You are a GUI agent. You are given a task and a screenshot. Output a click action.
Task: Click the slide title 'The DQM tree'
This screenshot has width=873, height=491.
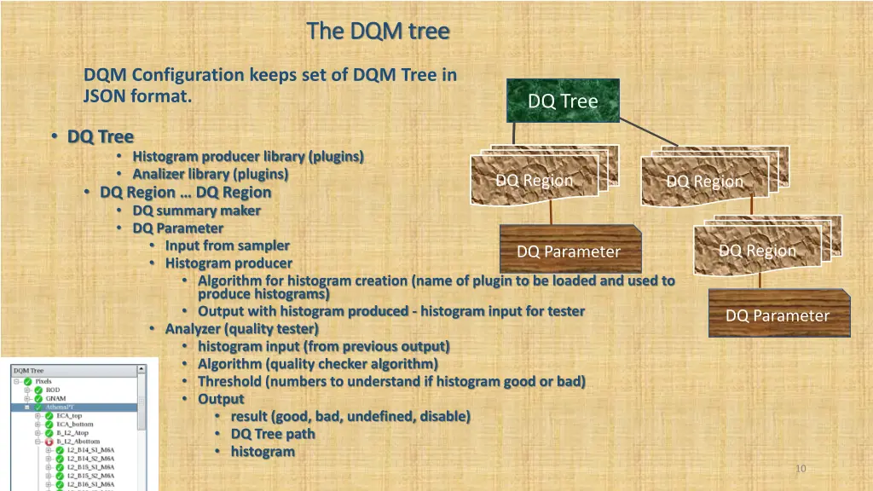pyautogui.click(x=378, y=32)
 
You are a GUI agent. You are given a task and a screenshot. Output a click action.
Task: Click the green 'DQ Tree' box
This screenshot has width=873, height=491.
pyautogui.click(x=563, y=101)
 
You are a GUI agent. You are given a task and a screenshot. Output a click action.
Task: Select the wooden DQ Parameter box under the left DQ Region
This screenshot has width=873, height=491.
pyautogui.click(x=569, y=251)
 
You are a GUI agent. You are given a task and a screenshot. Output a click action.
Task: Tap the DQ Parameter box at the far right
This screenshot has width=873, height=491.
pyautogui.click(x=777, y=315)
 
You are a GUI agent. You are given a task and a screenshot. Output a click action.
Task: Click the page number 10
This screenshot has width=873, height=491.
pyautogui.click(x=800, y=468)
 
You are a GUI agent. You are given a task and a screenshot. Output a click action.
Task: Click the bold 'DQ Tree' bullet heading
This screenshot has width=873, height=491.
pyautogui.click(x=101, y=136)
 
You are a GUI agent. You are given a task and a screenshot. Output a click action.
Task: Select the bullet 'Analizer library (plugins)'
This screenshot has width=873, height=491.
pyautogui.click(x=210, y=174)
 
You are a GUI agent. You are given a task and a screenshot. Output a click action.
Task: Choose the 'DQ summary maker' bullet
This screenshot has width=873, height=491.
pyautogui.click(x=196, y=211)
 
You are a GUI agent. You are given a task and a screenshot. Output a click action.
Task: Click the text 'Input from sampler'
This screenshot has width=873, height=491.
pyautogui.click(x=227, y=245)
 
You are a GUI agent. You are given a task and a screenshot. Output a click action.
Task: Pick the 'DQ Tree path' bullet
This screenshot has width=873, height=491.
pyautogui.click(x=272, y=433)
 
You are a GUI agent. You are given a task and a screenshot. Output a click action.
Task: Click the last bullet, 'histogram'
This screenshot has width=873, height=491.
pyautogui.click(x=262, y=451)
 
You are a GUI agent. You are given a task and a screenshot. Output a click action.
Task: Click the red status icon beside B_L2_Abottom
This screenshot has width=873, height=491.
pyautogui.click(x=49, y=442)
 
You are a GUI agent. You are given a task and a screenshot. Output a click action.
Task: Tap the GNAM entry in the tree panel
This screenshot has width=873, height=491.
pyautogui.click(x=55, y=399)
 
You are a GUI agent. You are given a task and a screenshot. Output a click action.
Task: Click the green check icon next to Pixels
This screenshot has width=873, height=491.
pyautogui.click(x=28, y=381)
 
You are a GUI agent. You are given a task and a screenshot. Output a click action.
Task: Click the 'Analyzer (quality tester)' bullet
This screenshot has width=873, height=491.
pyautogui.click(x=241, y=328)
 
